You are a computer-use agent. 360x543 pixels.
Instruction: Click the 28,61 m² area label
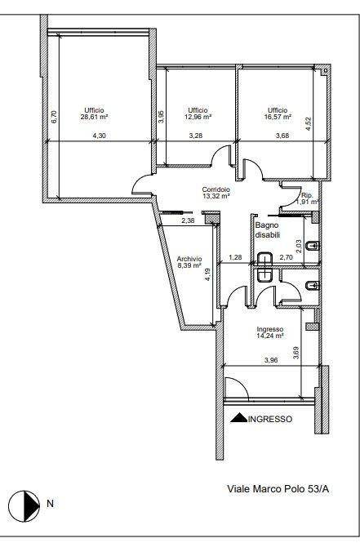[x=94, y=117]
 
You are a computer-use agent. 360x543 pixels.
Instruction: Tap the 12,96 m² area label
[x=198, y=117]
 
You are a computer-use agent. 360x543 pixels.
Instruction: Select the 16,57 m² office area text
[x=278, y=117]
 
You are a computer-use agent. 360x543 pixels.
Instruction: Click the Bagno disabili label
[x=267, y=230]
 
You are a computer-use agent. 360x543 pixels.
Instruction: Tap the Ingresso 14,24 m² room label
[x=270, y=332]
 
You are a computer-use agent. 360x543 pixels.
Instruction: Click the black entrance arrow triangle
[x=239, y=418]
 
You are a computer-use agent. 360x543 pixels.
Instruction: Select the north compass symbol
[x=24, y=504]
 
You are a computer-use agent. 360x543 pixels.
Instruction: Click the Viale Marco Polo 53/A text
[x=278, y=489]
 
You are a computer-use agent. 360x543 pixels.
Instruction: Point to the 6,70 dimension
[x=53, y=116]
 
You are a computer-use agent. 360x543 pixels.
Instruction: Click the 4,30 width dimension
[x=99, y=136]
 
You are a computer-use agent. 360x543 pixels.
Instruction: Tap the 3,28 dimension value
[x=196, y=136]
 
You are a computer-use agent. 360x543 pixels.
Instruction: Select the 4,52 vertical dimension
[x=309, y=124]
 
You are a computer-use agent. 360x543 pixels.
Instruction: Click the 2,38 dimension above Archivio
[x=188, y=220]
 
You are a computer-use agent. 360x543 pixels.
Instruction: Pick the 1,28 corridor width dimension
[x=235, y=257]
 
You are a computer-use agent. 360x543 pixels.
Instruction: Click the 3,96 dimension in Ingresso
[x=271, y=360]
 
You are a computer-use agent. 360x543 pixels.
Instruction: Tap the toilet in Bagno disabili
[x=313, y=247]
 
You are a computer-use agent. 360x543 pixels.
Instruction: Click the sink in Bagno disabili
[x=265, y=258]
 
